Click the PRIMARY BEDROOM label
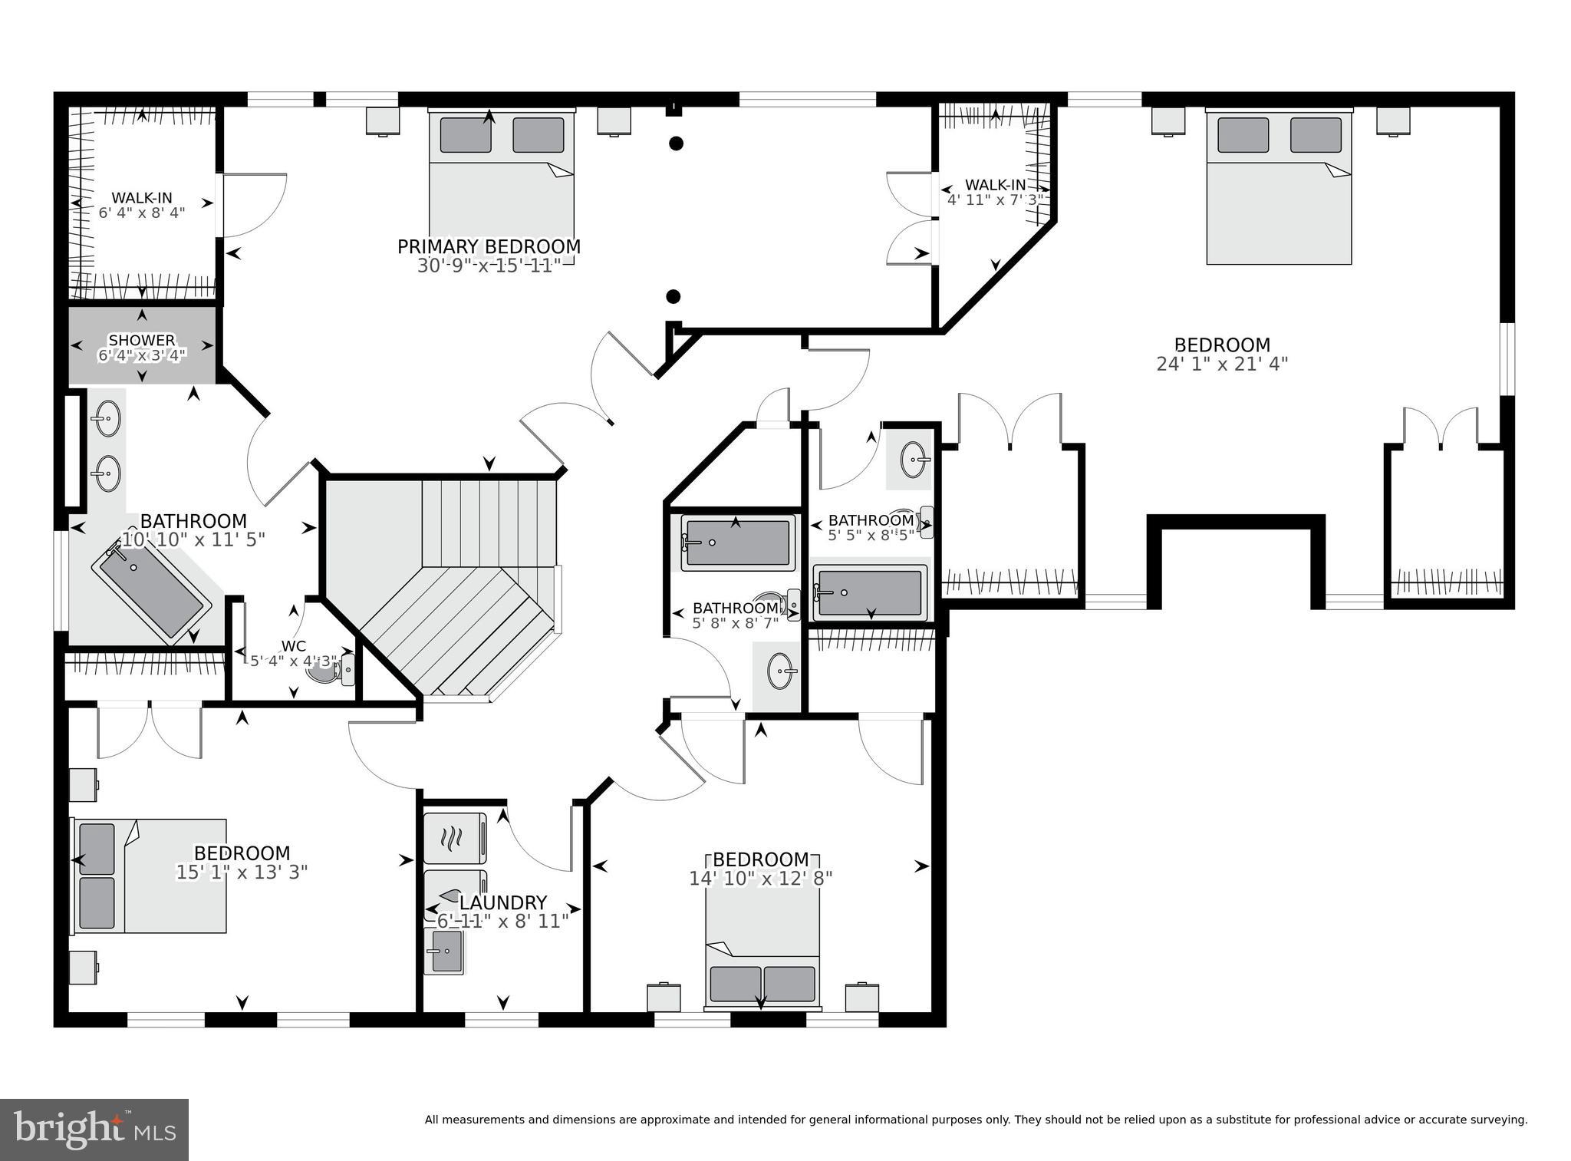[x=489, y=247]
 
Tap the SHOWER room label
[x=141, y=340]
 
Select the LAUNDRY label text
[x=502, y=903]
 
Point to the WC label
[x=294, y=645]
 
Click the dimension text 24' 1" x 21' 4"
[x=1222, y=364]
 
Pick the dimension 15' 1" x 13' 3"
[x=242, y=872]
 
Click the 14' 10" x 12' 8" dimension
[x=760, y=878]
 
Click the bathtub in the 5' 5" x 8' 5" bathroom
[x=870, y=592]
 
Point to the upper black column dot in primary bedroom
[x=676, y=143]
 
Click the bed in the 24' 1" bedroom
[x=1279, y=188]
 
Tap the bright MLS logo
[x=94, y=1130]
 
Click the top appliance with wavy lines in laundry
[x=454, y=839]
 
